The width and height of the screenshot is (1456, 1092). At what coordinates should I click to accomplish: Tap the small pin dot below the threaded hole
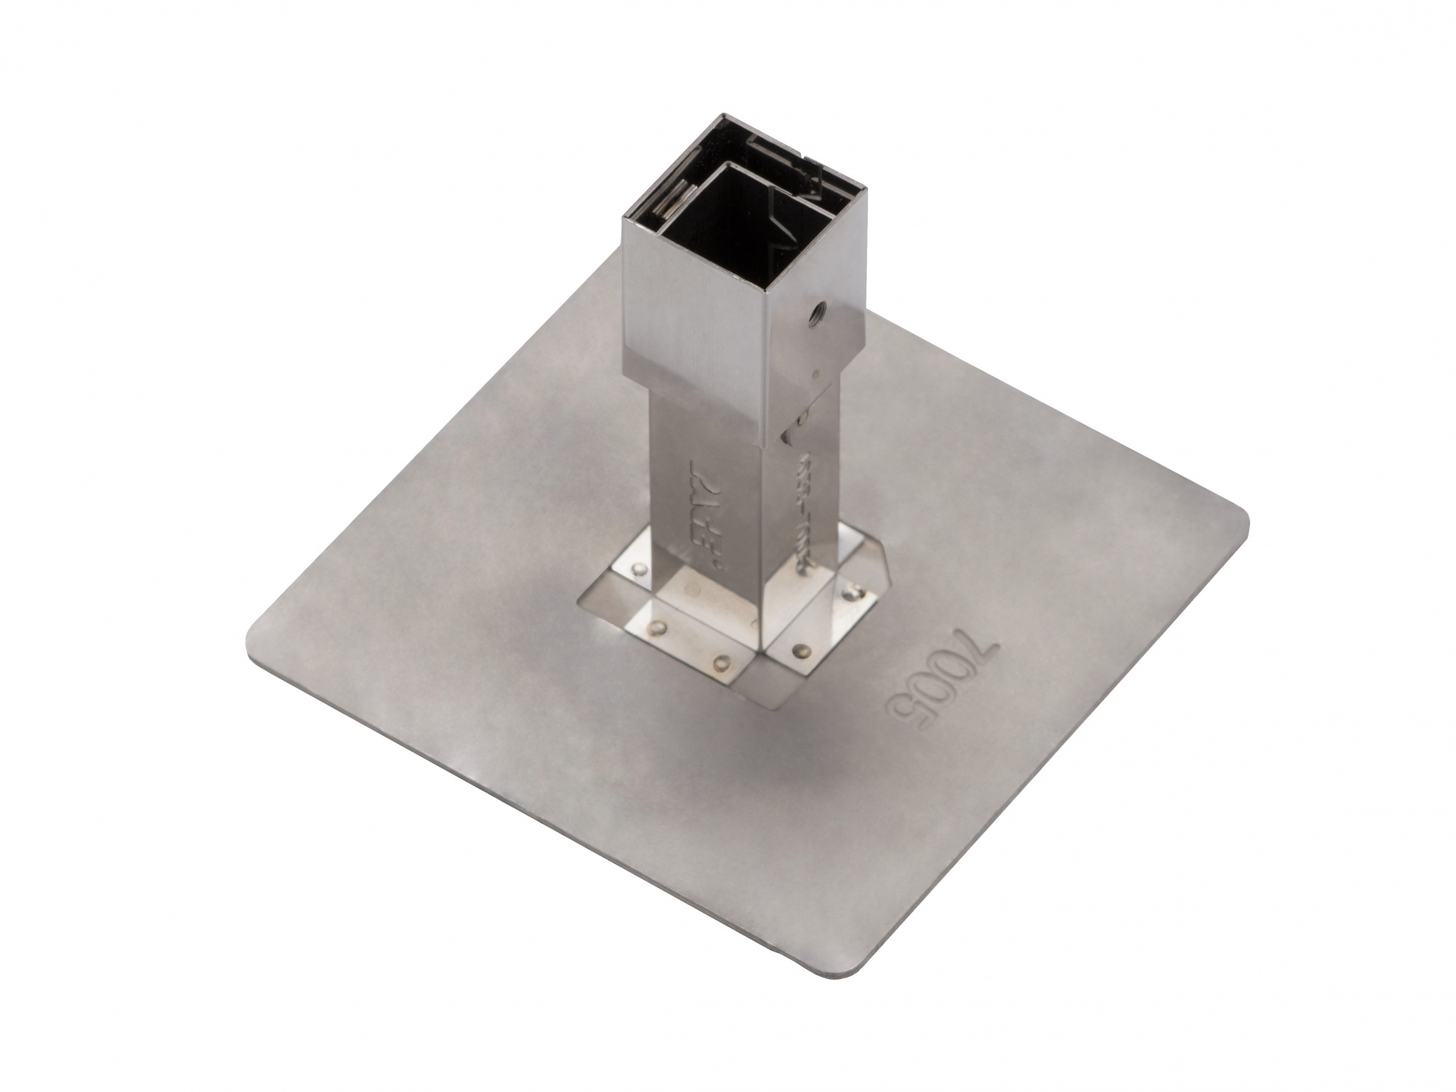click(x=815, y=372)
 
